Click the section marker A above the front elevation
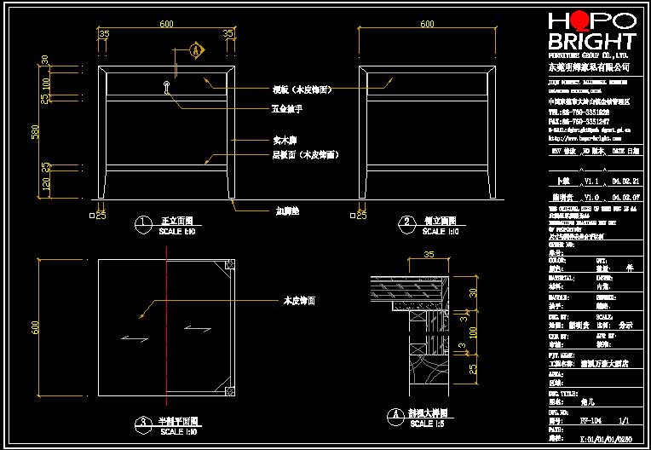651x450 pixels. click(198, 50)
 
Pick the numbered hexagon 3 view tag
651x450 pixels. click(141, 423)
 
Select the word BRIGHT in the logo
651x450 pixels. click(591, 42)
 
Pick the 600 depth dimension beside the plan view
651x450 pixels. click(35, 327)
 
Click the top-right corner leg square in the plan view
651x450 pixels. click(229, 267)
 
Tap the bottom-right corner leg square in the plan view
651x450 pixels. click(229, 391)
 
